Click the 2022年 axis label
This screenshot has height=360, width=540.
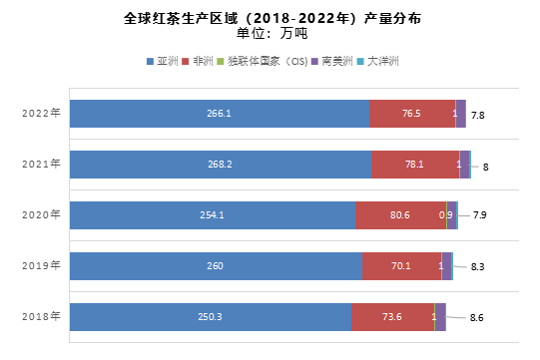[x=42, y=113]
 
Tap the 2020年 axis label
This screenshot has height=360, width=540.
[x=42, y=214]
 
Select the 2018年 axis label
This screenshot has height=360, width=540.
[x=42, y=316]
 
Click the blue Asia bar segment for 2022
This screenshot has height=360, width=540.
[x=219, y=114]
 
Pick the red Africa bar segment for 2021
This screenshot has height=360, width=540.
[x=414, y=165]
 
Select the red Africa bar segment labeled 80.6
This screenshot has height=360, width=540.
[x=400, y=215]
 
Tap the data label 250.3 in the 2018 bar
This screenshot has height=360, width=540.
[x=211, y=317]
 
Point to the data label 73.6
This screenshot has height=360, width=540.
[x=392, y=317]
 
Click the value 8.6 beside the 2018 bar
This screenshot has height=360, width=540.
[x=477, y=317]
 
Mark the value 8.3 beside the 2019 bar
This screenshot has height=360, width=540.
[x=477, y=266]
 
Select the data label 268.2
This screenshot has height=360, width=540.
[x=221, y=165]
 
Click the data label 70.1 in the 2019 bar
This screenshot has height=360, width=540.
[x=401, y=266]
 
